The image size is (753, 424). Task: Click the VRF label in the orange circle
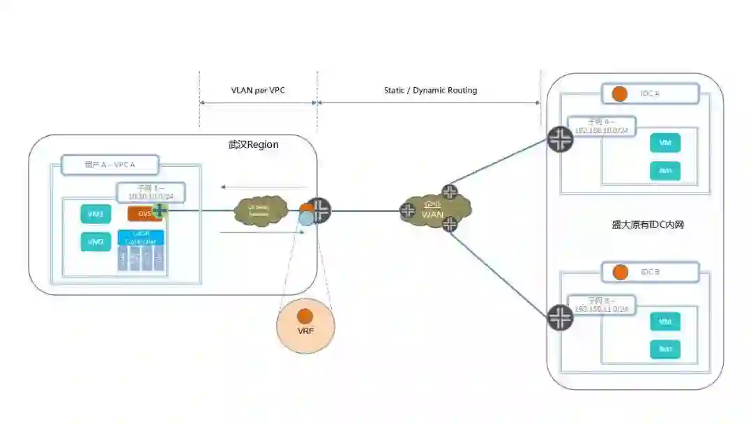click(305, 331)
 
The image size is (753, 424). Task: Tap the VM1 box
click(96, 215)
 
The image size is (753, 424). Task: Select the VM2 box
click(96, 242)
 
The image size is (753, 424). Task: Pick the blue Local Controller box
click(141, 237)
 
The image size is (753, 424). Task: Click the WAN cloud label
click(432, 214)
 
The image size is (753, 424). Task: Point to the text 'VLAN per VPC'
click(258, 91)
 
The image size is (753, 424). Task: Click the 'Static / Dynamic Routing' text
click(430, 91)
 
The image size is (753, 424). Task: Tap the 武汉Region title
click(253, 145)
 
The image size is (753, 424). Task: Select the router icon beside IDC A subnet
click(560, 139)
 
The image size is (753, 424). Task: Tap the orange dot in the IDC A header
click(618, 93)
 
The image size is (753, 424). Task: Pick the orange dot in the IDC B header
click(618, 271)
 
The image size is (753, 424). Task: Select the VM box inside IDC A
click(664, 144)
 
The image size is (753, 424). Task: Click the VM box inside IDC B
click(664, 321)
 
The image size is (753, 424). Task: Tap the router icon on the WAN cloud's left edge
click(408, 211)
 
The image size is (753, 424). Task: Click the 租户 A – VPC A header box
click(109, 165)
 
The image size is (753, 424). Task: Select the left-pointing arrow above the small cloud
click(264, 187)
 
